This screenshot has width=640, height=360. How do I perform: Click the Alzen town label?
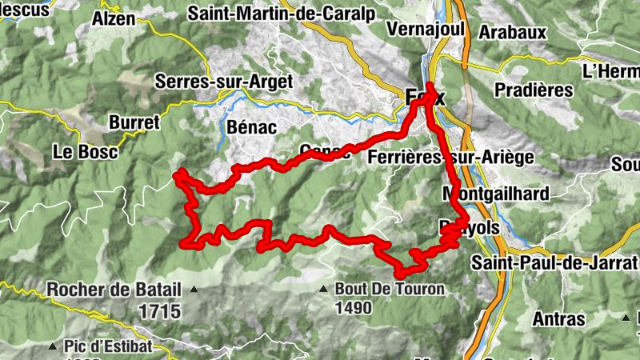click(x=114, y=18)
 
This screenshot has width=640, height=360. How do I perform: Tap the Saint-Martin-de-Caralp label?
click(x=271, y=14)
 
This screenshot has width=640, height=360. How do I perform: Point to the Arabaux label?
click(x=512, y=32)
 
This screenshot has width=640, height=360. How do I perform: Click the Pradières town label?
click(x=534, y=90)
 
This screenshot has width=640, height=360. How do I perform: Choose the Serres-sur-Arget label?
click(x=224, y=82)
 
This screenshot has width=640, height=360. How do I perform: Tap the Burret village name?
click(x=134, y=122)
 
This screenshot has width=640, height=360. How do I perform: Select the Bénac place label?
click(x=251, y=127)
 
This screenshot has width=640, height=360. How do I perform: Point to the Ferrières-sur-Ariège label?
click(x=450, y=158)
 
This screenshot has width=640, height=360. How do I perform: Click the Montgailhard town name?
click(x=495, y=194)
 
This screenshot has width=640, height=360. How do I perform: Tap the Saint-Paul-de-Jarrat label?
click(x=554, y=262)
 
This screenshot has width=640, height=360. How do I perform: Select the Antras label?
click(x=558, y=319)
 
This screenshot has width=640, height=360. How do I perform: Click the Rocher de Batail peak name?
click(x=114, y=290)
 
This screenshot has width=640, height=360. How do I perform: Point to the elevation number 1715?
click(x=158, y=310)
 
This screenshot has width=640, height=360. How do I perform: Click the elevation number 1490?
click(x=354, y=308)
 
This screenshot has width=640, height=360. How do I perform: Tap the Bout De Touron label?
click(x=389, y=289)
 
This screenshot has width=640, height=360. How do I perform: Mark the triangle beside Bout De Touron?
click(x=324, y=289)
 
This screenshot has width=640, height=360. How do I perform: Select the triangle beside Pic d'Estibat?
click(x=52, y=347)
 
